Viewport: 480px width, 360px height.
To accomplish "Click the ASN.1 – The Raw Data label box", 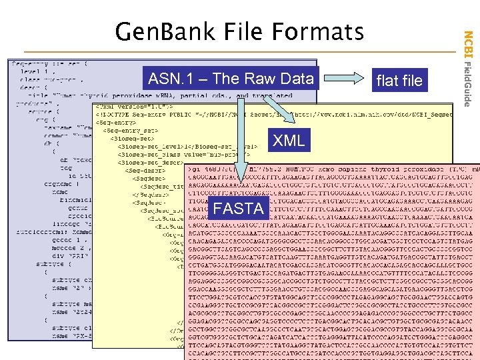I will [231, 79].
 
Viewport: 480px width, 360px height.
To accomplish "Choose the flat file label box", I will [399, 81].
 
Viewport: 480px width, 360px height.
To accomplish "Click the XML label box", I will [289, 140].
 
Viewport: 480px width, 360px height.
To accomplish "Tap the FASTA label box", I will [238, 209].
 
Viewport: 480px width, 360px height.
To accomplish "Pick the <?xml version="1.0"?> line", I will [133, 105].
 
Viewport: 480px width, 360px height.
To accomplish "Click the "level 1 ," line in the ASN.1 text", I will [33, 70].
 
